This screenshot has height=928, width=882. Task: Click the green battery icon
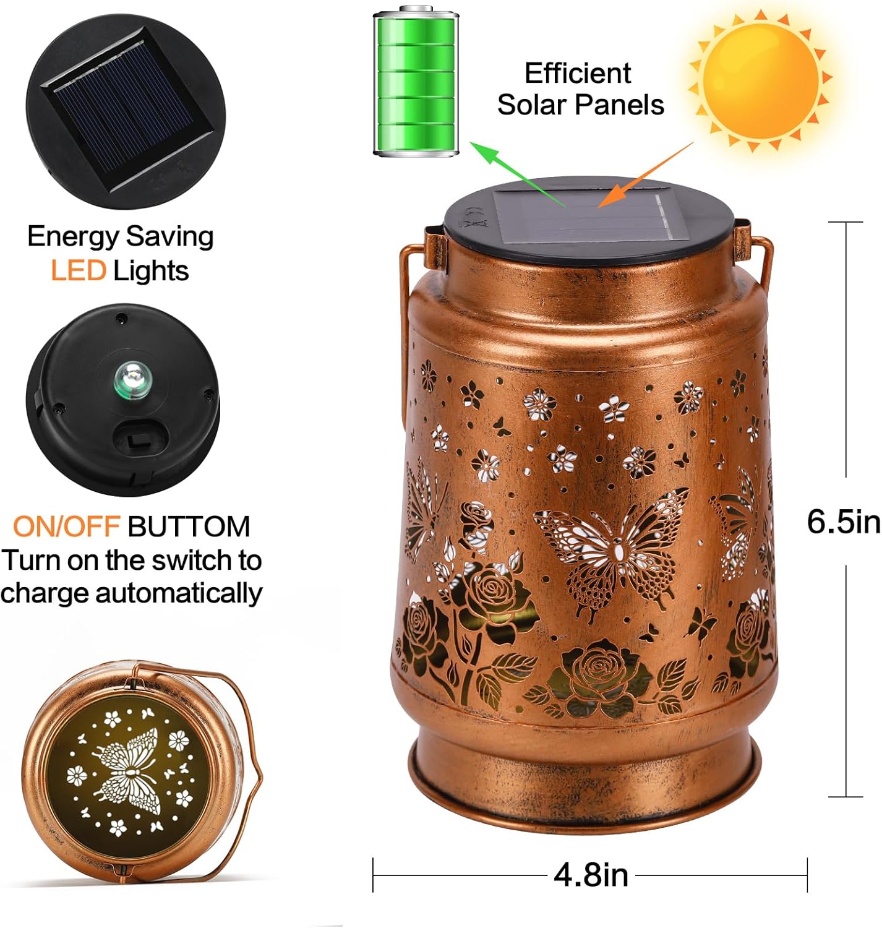416,82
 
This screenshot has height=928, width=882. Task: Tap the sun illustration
760,79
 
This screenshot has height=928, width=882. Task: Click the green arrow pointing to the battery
516,173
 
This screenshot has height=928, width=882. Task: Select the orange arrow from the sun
646,175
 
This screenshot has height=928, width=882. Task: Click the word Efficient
578,74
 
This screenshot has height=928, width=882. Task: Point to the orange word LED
78,271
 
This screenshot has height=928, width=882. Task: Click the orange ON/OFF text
66,526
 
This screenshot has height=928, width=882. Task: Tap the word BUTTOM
189,526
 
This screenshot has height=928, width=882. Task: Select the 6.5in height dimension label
843,522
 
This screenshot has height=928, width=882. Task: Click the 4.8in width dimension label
591,875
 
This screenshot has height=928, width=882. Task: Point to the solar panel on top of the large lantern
591,217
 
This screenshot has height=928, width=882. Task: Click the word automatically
178,593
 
